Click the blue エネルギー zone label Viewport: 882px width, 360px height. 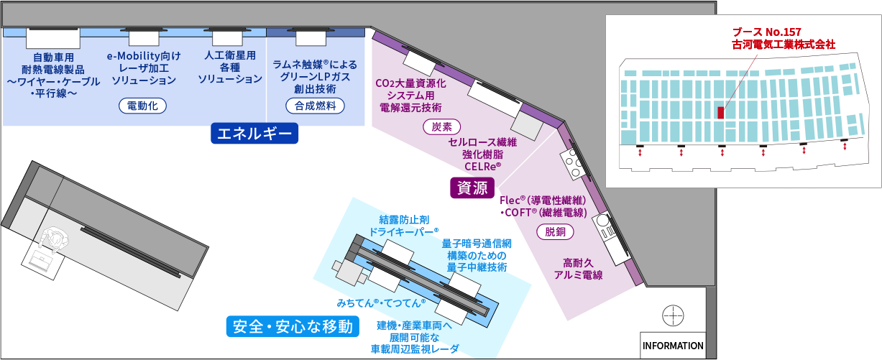pos(254,134)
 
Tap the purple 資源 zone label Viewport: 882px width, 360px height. pos(471,188)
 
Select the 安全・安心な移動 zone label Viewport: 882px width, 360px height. pos(292,327)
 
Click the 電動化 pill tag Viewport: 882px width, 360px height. pos(142,106)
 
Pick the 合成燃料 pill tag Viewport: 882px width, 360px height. pos(315,106)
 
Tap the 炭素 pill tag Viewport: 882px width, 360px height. pos(441,126)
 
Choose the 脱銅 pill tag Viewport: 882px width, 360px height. pos(556,231)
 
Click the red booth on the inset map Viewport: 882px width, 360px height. pos(720,112)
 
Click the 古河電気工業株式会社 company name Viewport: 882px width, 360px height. pos(784,45)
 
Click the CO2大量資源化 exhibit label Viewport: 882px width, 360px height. pos(410,95)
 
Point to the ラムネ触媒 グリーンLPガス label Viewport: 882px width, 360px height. pos(315,77)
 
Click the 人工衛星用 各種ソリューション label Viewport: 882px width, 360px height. pos(230,67)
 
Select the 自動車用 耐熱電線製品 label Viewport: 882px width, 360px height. pos(54,75)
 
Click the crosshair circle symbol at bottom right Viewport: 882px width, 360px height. pos(673,315)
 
